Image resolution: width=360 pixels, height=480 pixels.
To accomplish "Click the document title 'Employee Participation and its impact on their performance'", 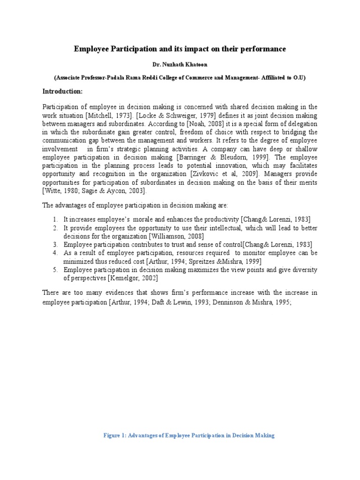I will click(180, 49).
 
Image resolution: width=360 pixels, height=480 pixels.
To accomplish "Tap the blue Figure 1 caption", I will click(189, 435).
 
